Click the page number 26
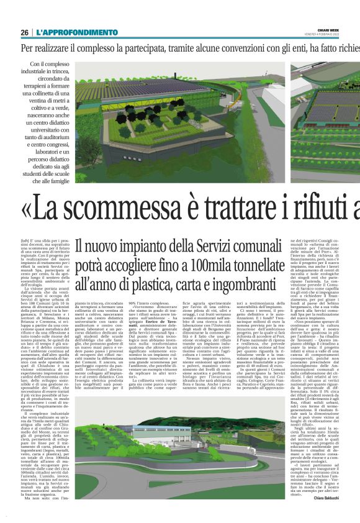(24, 32)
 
